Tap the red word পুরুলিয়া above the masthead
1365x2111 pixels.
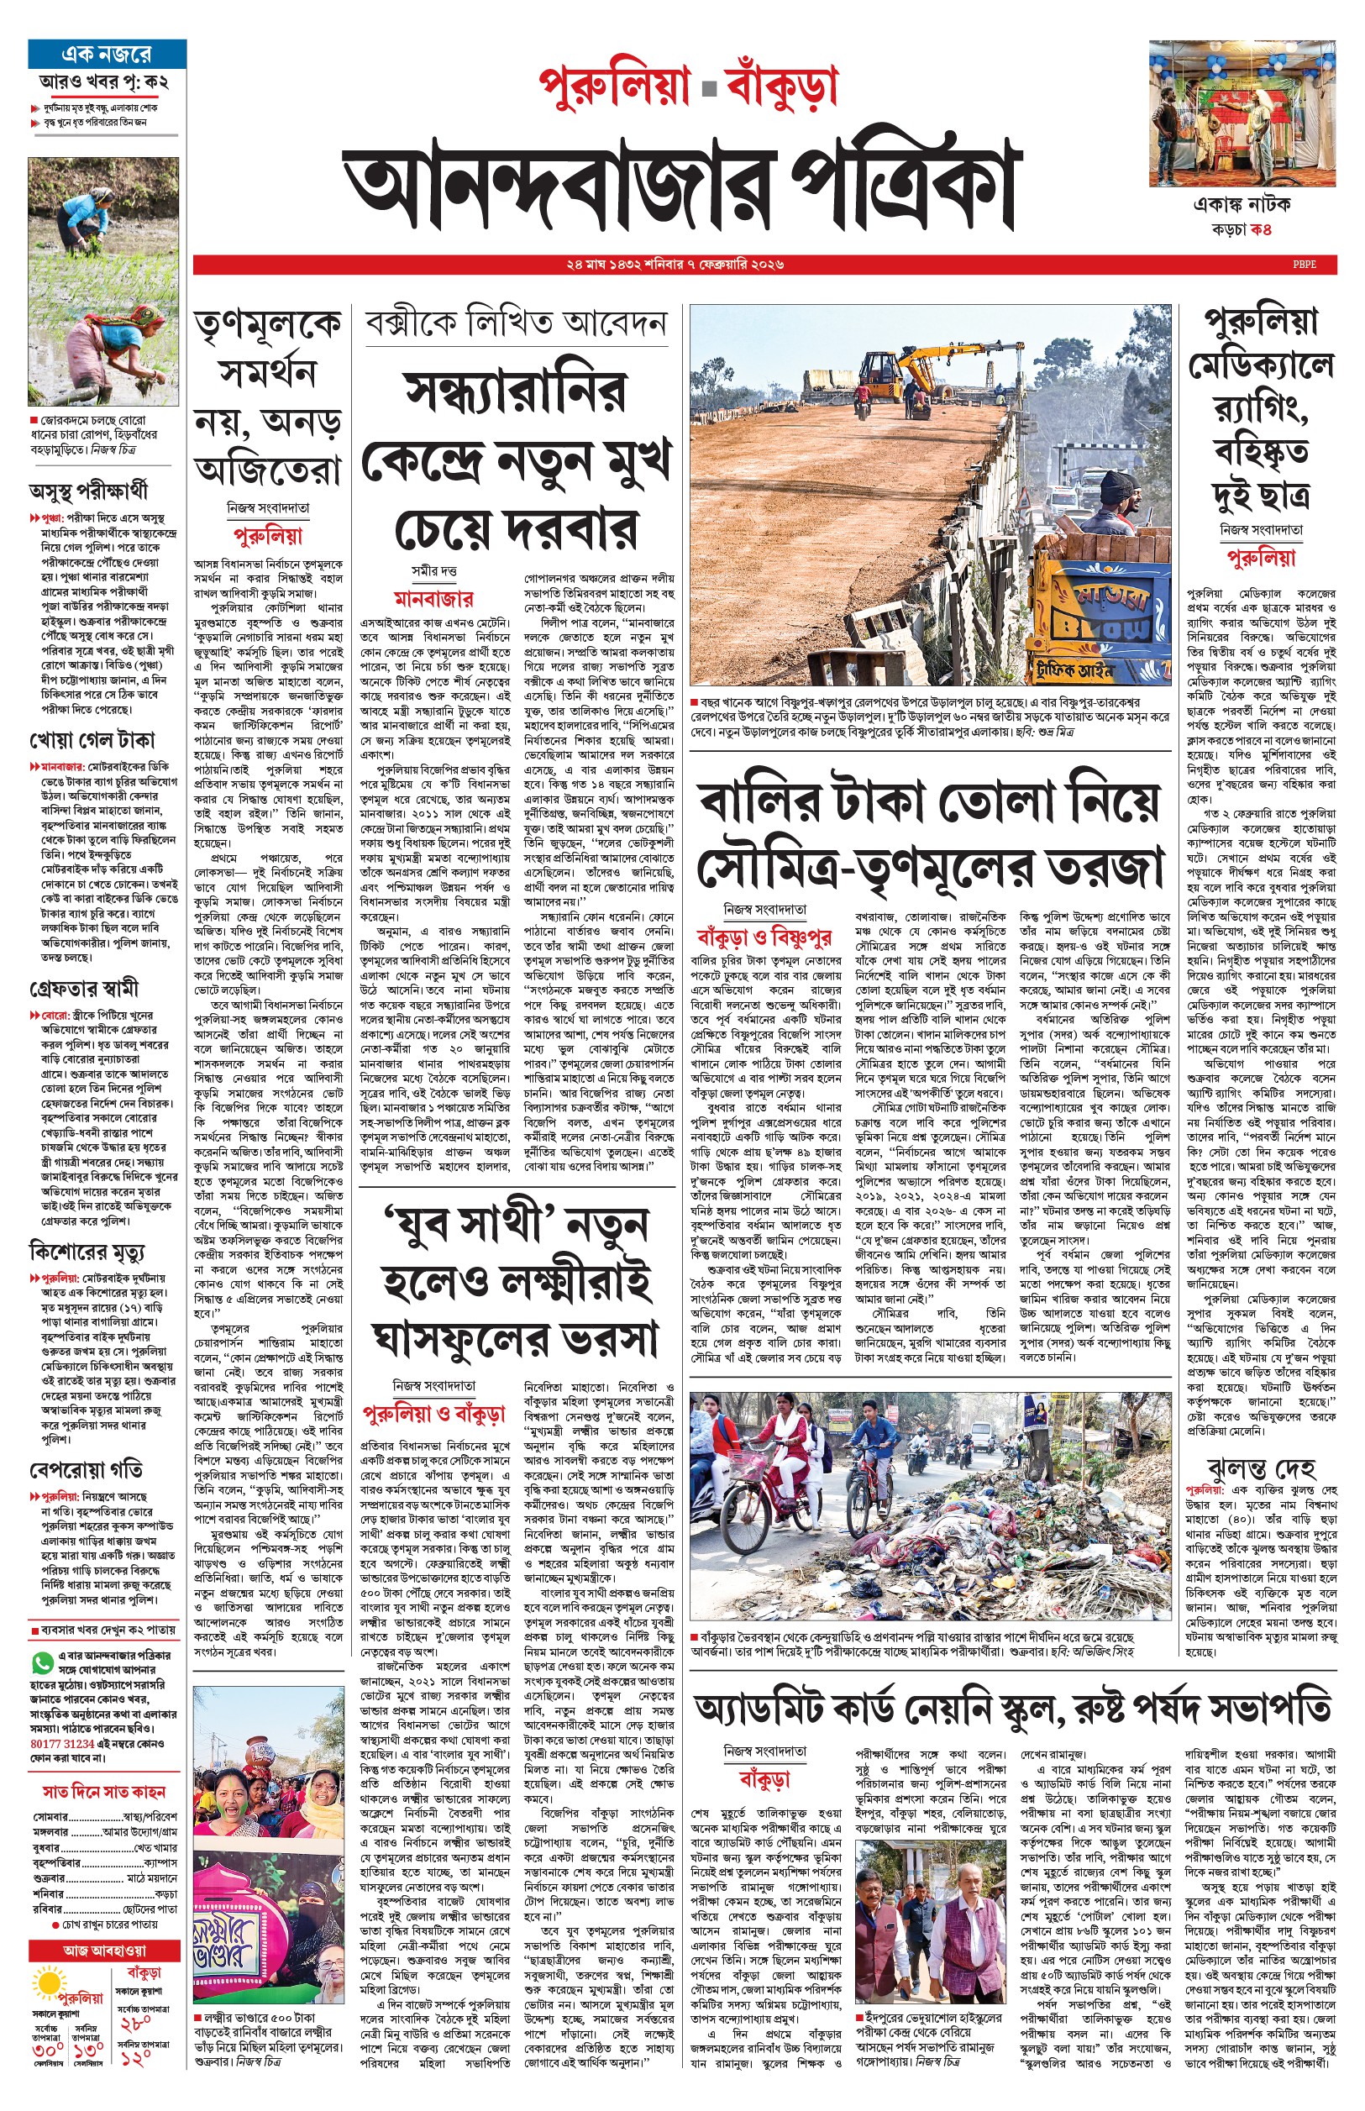614,87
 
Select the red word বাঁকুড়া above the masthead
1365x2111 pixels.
781,87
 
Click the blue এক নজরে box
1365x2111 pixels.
107,54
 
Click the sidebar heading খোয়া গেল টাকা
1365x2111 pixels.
92,740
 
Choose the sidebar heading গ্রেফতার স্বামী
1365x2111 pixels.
84,988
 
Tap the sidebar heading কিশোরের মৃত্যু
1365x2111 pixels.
87,1252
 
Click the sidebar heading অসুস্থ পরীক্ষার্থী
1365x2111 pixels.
89,490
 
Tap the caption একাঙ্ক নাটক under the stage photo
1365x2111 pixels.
1242,205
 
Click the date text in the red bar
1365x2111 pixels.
675,264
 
